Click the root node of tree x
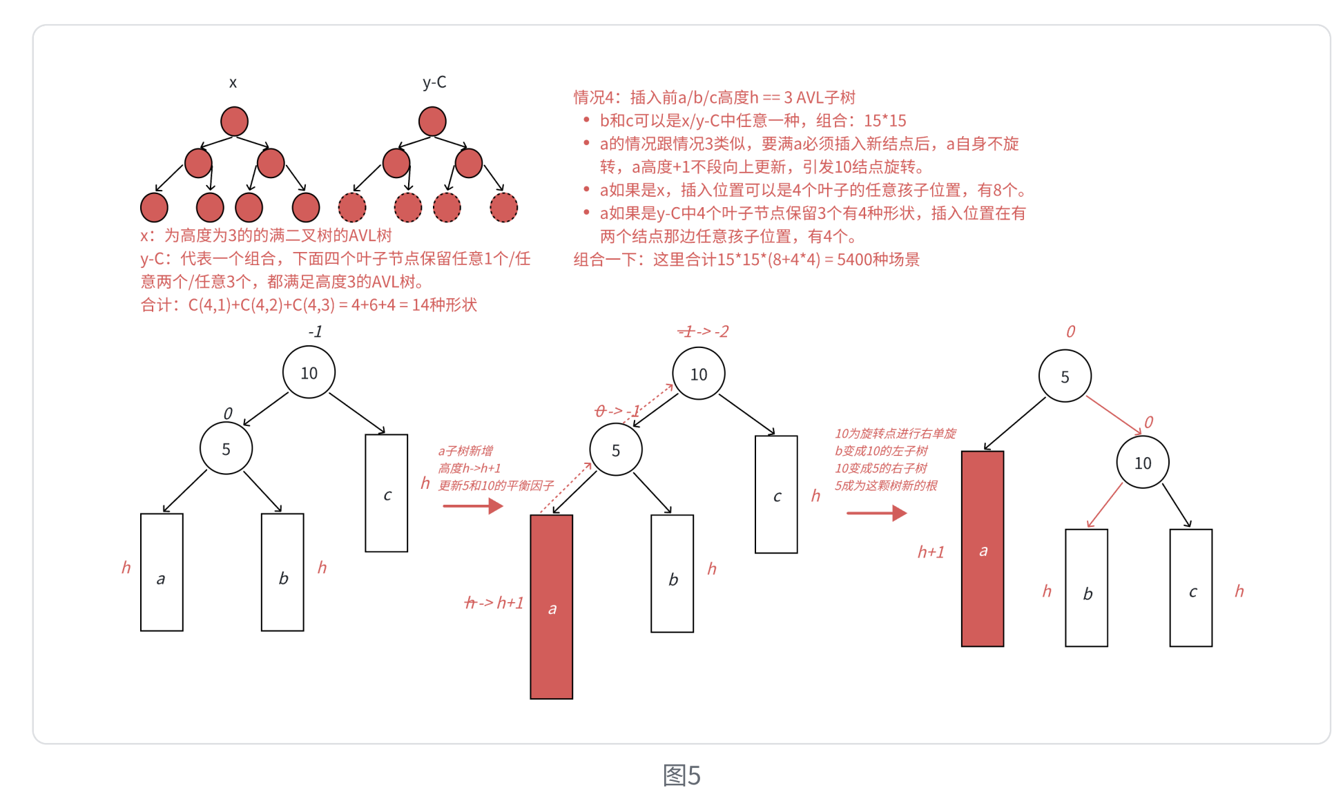click(234, 122)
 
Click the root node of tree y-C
click(432, 122)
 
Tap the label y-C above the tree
click(434, 82)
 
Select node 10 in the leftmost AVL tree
click(309, 373)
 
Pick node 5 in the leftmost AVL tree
click(226, 449)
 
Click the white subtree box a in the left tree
click(162, 572)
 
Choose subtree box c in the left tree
click(387, 493)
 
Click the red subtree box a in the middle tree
click(551, 607)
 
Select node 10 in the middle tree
click(699, 374)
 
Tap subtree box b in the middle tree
click(673, 574)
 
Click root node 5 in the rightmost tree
click(1065, 376)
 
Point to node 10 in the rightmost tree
click(1143, 463)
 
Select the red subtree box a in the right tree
click(983, 549)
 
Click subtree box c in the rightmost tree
click(1191, 588)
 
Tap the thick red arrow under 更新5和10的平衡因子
click(473, 506)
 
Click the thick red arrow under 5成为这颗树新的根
click(876, 513)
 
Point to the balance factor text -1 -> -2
click(703, 332)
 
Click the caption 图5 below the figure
click(682, 775)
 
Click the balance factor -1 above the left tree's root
click(315, 332)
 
